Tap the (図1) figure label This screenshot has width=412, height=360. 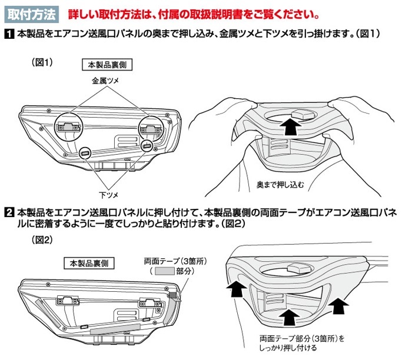pos(41,62)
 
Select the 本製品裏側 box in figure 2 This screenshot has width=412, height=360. pos(88,262)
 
